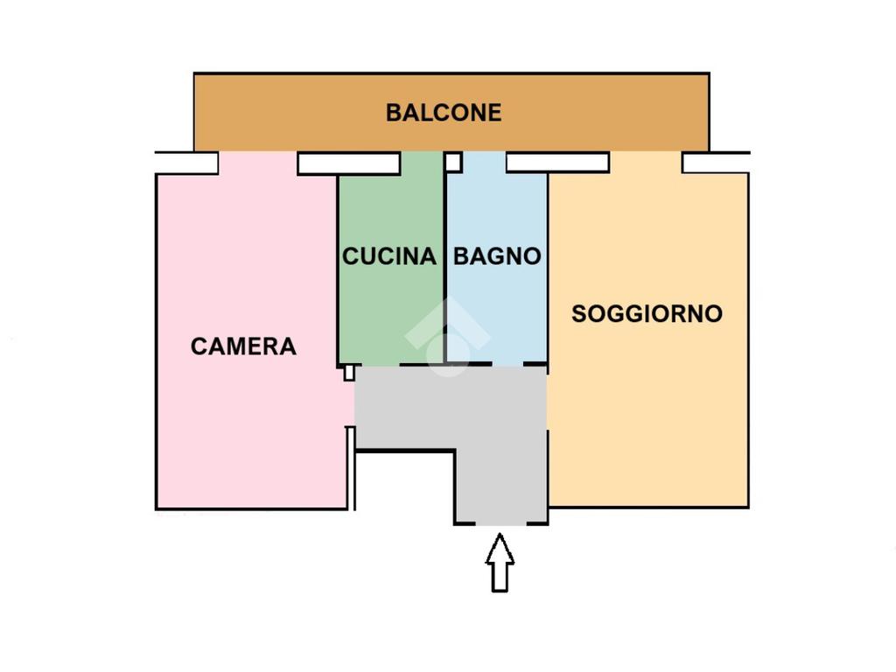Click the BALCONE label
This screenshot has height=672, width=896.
click(x=444, y=113)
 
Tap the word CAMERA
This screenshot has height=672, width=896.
click(x=243, y=346)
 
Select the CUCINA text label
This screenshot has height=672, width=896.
click(x=389, y=256)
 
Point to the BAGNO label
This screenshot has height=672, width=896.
click(x=497, y=256)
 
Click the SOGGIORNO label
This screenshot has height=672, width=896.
click(x=647, y=314)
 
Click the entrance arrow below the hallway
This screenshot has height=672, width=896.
click(x=500, y=563)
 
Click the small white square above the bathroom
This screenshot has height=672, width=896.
click(x=454, y=162)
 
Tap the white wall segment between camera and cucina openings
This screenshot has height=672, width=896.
click(x=348, y=164)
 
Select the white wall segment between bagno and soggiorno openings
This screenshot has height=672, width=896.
click(x=557, y=162)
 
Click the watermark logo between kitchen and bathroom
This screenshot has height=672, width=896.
click(x=447, y=337)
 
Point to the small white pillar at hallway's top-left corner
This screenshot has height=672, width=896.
click(x=348, y=373)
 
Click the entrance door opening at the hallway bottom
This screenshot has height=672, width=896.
click(x=500, y=524)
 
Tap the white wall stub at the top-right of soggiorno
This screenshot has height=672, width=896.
click(x=716, y=162)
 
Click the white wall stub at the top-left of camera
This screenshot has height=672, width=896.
click(x=187, y=163)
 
